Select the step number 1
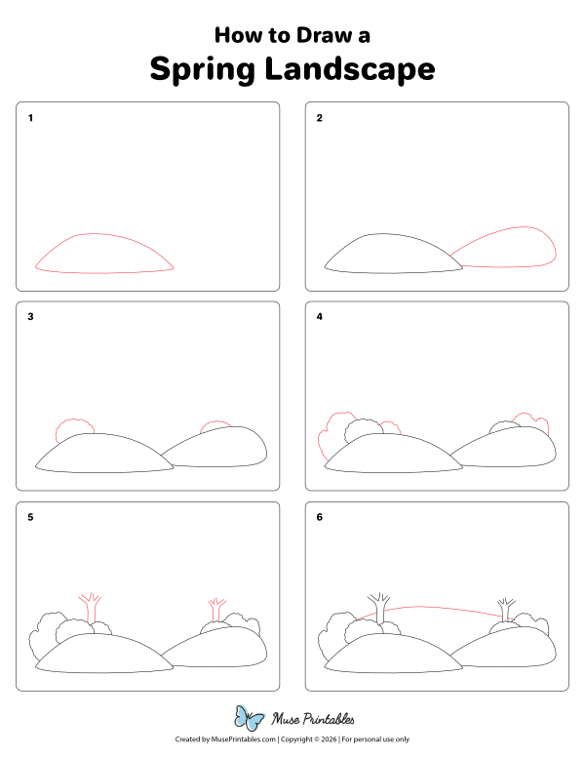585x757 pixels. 31,118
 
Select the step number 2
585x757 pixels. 319,118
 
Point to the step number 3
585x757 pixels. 31,317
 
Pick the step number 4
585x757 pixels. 319,317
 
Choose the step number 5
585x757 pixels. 31,517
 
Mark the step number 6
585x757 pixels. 319,517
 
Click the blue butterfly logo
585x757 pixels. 250,719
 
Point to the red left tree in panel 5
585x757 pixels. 90,607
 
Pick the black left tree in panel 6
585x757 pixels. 378,606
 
